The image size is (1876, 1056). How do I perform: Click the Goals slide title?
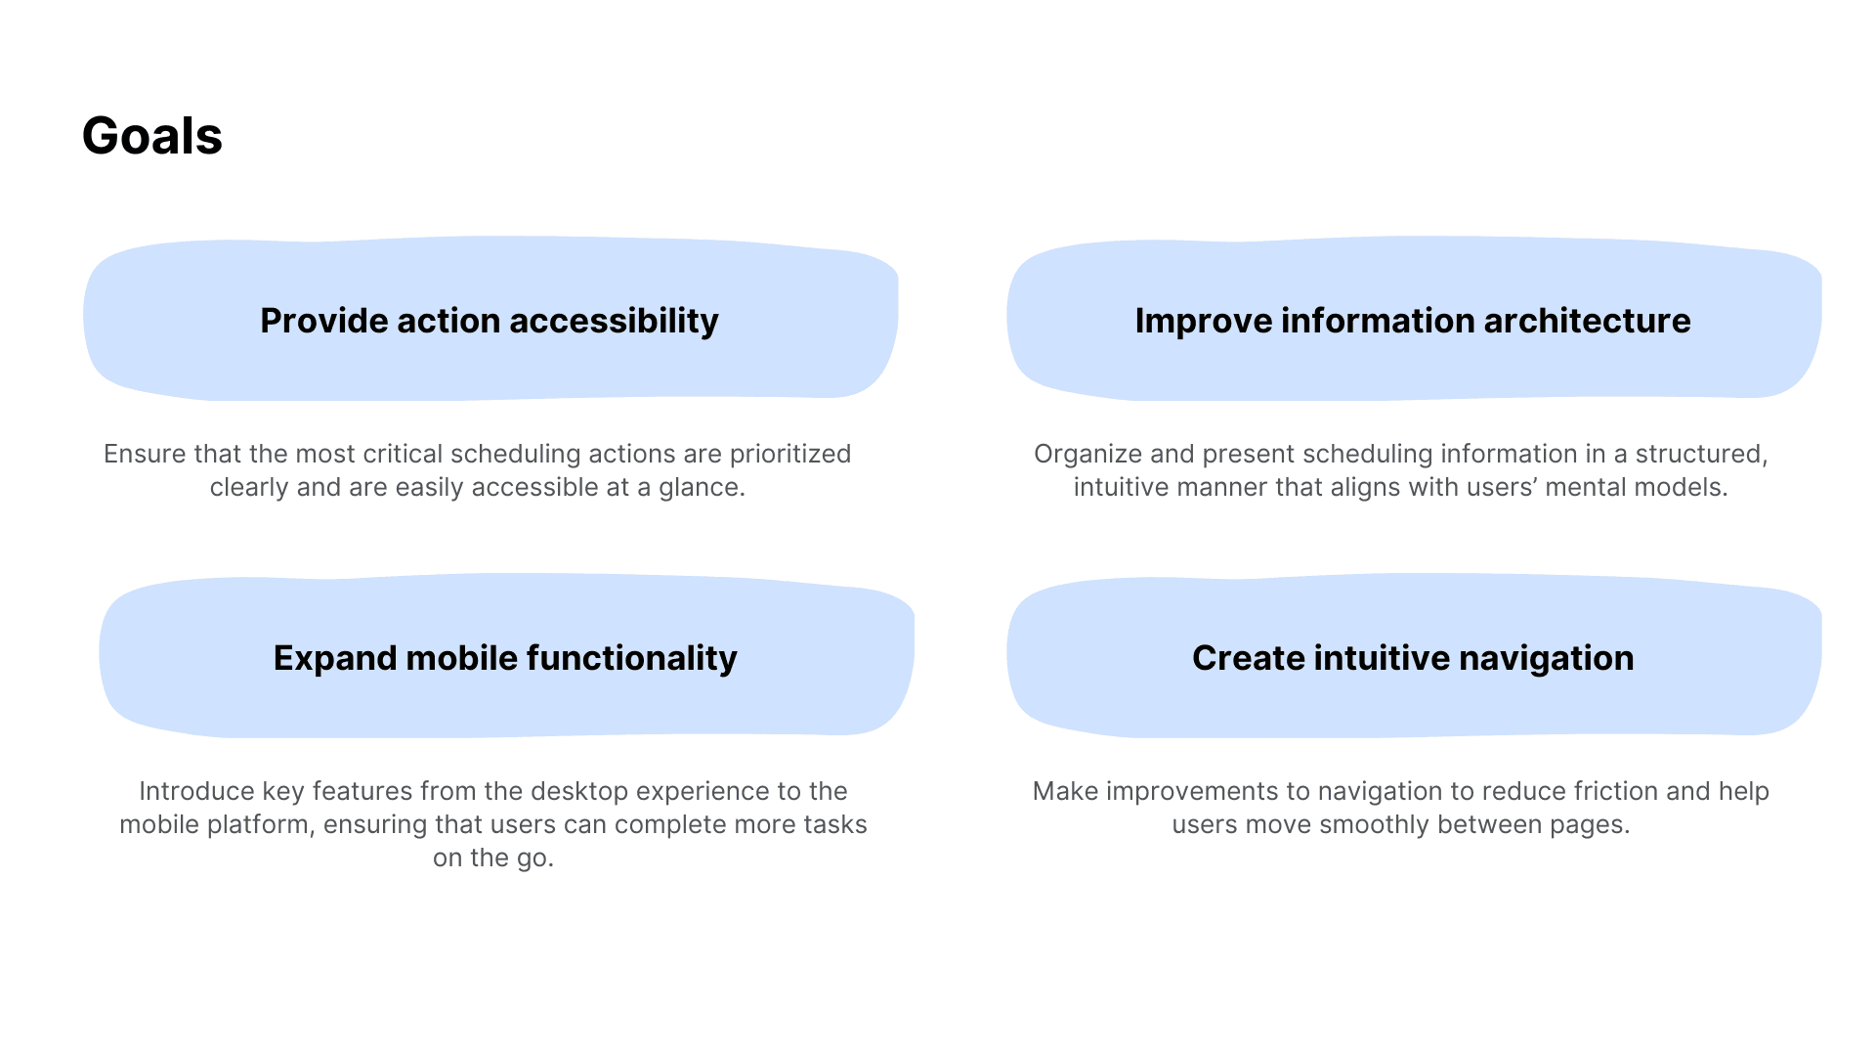pyautogui.click(x=152, y=136)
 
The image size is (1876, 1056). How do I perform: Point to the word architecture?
pyautogui.click(x=1587, y=321)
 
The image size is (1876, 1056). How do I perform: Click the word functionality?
pyautogui.click(x=631, y=659)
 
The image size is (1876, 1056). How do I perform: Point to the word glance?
pyautogui.click(x=702, y=488)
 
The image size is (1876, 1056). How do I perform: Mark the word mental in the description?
pyautogui.click(x=1594, y=487)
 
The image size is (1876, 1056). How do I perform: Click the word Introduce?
pyautogui.click(x=196, y=791)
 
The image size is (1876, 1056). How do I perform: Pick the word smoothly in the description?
pyautogui.click(x=1375, y=825)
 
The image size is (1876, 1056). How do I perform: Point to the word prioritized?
pyautogui.click(x=790, y=455)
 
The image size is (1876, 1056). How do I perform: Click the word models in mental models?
pyautogui.click(x=1686, y=487)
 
